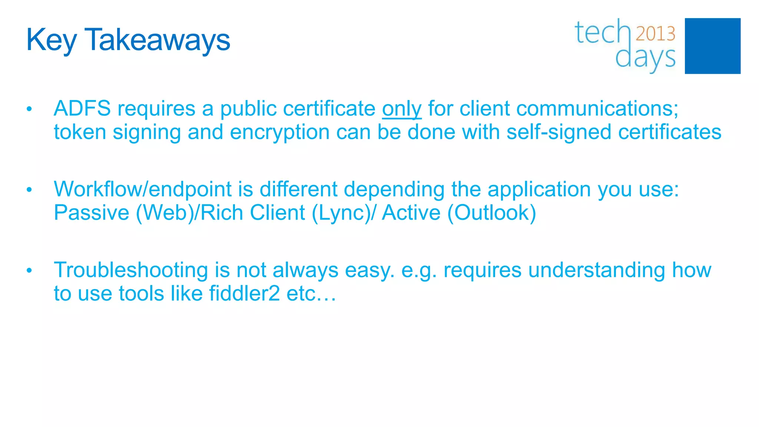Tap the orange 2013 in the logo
pyautogui.click(x=655, y=34)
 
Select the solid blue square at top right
pyautogui.click(x=712, y=46)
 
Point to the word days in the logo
pyautogui.click(x=645, y=58)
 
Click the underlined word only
pyautogui.click(x=402, y=109)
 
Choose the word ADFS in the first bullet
pyautogui.click(x=82, y=109)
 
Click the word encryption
pyautogui.click(x=280, y=133)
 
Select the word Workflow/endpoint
pyautogui.click(x=143, y=189)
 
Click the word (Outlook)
pyautogui.click(x=491, y=213)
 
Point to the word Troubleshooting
pyautogui.click(x=131, y=270)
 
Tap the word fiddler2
pyautogui.click(x=244, y=294)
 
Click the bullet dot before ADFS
pyautogui.click(x=29, y=109)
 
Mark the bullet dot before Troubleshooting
pyautogui.click(x=29, y=271)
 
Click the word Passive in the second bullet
pyautogui.click(x=92, y=213)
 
